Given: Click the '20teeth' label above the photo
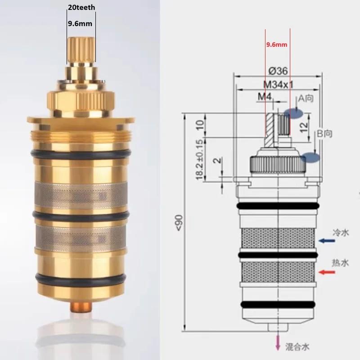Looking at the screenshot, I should (x=81, y=8).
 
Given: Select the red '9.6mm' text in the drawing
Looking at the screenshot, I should (x=276, y=45).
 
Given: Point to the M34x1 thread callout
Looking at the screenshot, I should (x=278, y=84).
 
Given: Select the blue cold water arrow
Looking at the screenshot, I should (x=328, y=241).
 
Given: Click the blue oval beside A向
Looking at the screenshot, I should (x=293, y=113).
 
